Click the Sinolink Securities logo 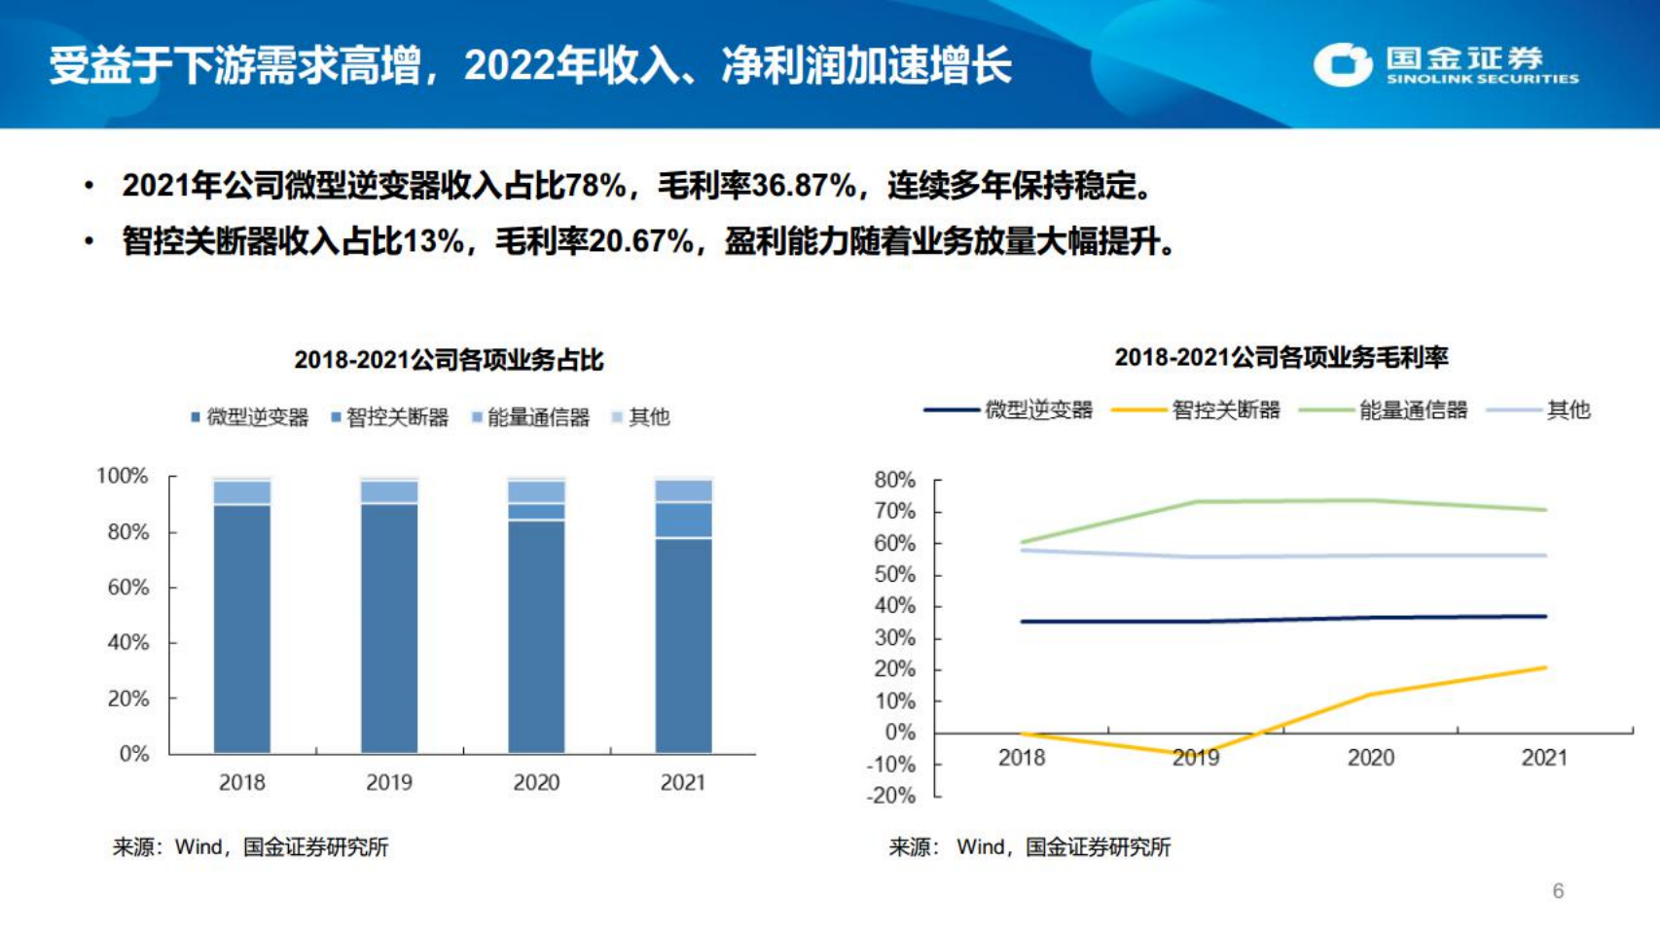pyautogui.click(x=1445, y=65)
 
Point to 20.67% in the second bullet pyautogui.click(x=641, y=240)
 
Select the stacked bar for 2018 pyautogui.click(x=242, y=616)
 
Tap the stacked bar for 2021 pyautogui.click(x=683, y=616)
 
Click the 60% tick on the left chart pyautogui.click(x=128, y=588)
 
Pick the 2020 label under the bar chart pyautogui.click(x=536, y=782)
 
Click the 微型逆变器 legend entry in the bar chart pyautogui.click(x=250, y=417)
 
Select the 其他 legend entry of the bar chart pyautogui.click(x=641, y=417)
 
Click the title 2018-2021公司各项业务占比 pyautogui.click(x=449, y=360)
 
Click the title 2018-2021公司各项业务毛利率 pyautogui.click(x=1281, y=357)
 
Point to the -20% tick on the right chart pyautogui.click(x=891, y=796)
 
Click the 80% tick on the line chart pyautogui.click(x=895, y=480)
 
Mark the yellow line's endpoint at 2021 pyautogui.click(x=1544, y=667)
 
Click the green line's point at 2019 pyautogui.click(x=1196, y=502)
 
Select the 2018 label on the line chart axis pyautogui.click(x=1022, y=758)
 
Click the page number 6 pyautogui.click(x=1558, y=891)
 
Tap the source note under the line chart pyautogui.click(x=1029, y=847)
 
